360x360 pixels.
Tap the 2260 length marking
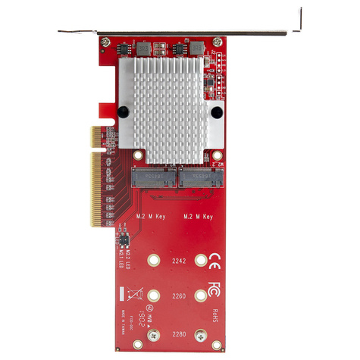pyautogui.click(x=179, y=296)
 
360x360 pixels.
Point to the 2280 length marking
pyautogui.click(x=179, y=333)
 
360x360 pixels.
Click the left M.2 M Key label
pyautogui.click(x=150, y=217)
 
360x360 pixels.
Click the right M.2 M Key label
pyautogui.click(x=199, y=217)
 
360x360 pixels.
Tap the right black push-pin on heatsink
pyautogui.click(x=217, y=113)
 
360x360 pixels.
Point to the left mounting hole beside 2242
pyautogui.click(x=156, y=260)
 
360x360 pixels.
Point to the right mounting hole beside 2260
pyautogui.click(x=201, y=296)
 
